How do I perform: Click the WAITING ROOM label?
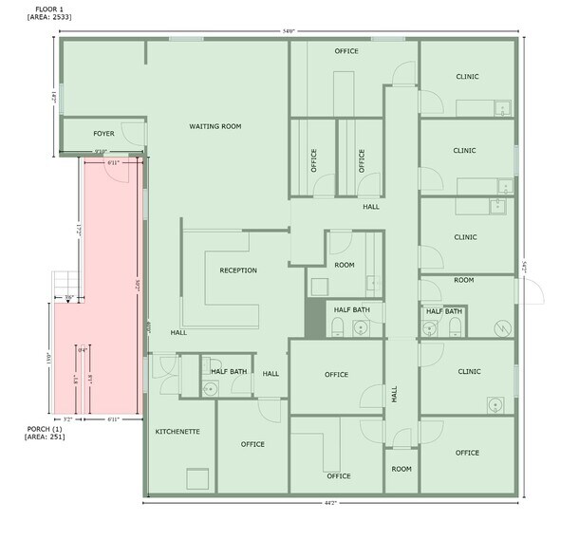click(215, 125)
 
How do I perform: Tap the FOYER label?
click(103, 134)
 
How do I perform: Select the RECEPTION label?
click(238, 270)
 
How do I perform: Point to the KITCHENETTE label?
click(177, 431)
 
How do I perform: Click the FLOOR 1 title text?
click(41, 8)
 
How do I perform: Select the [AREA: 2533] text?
click(50, 18)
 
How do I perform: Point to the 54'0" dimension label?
click(289, 31)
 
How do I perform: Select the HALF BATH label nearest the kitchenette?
click(230, 371)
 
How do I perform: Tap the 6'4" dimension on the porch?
click(83, 350)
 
